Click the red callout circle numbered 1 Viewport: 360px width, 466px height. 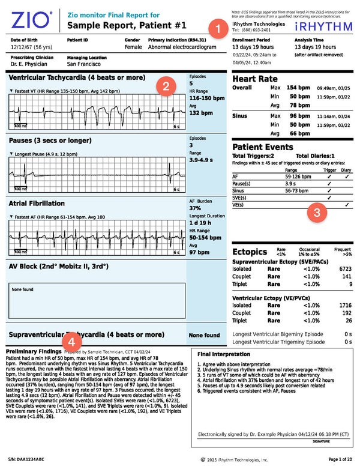pyautogui.click(x=214, y=27)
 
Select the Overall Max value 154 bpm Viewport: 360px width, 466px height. pyautogui.click(x=298, y=88)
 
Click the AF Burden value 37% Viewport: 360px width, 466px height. pyautogui.click(x=197, y=208)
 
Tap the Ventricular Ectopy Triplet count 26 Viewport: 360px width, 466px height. pyautogui.click(x=347, y=321)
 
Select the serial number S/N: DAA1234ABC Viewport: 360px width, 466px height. pyautogui.click(x=31, y=459)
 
